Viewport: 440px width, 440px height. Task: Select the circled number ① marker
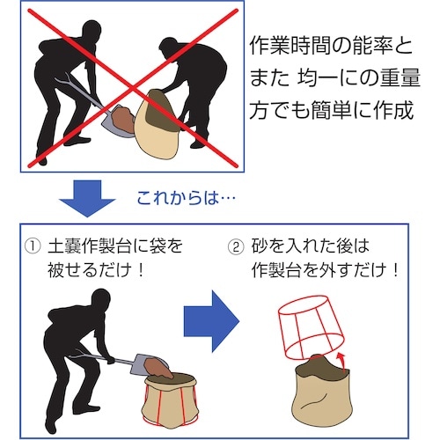point(33,246)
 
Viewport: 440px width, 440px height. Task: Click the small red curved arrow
point(339,357)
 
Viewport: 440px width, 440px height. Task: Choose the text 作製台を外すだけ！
point(326,270)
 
